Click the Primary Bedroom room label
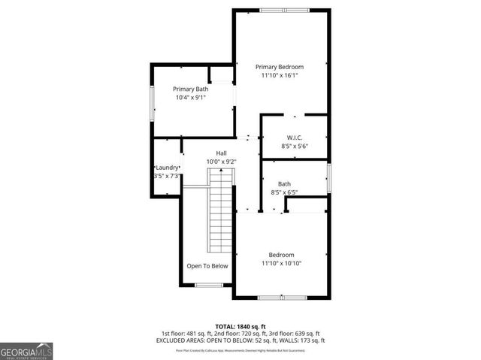click(282, 67)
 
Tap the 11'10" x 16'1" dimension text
click(282, 76)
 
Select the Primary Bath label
click(191, 89)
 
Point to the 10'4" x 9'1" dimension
click(191, 98)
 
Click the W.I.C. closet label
click(294, 138)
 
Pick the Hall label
click(222, 153)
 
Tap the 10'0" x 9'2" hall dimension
click(222, 162)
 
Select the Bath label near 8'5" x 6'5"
click(284, 184)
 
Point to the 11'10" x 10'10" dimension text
click(282, 264)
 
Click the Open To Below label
click(207, 266)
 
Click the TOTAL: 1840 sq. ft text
click(240, 325)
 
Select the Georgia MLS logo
click(26, 350)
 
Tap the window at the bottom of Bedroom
click(282, 298)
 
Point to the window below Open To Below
click(208, 285)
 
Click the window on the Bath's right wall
click(328, 179)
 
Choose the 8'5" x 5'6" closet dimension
click(294, 147)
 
